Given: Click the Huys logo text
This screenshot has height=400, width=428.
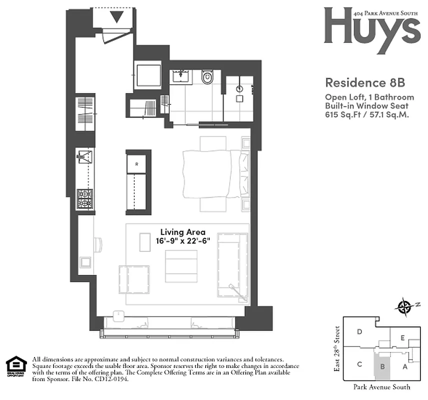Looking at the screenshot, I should point(371,27).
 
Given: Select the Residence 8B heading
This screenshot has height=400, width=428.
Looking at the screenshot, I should point(358,81).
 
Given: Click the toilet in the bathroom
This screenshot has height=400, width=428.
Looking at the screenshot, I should point(207,78).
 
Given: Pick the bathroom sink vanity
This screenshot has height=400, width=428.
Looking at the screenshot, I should point(180,76).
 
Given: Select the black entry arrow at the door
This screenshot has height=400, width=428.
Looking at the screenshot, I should point(117,18).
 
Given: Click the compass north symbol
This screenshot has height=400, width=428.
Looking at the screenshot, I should point(403,306).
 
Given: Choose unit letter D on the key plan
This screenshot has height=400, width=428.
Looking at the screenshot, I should point(359,331).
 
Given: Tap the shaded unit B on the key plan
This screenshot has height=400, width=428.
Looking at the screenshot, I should point(382,366).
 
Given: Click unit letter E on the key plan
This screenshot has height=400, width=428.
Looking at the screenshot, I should point(402,338).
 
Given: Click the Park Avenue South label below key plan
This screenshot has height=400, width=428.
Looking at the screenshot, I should point(381,386).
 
